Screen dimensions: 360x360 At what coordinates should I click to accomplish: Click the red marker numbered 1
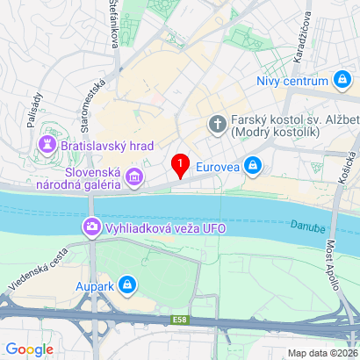point(181,164)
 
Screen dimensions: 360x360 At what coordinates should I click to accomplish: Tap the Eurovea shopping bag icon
point(253,163)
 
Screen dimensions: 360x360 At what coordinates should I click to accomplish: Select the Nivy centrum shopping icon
point(342,82)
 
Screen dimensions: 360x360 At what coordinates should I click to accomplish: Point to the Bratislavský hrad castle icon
point(47,143)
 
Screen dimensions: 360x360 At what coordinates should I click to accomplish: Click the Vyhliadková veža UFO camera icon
point(91,229)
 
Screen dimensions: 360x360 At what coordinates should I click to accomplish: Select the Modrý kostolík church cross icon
point(217,125)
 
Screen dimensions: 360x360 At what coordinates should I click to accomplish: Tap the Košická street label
point(343,188)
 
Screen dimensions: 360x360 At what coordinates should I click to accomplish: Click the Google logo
point(30,349)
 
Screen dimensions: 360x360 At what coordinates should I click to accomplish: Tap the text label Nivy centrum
point(292,82)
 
